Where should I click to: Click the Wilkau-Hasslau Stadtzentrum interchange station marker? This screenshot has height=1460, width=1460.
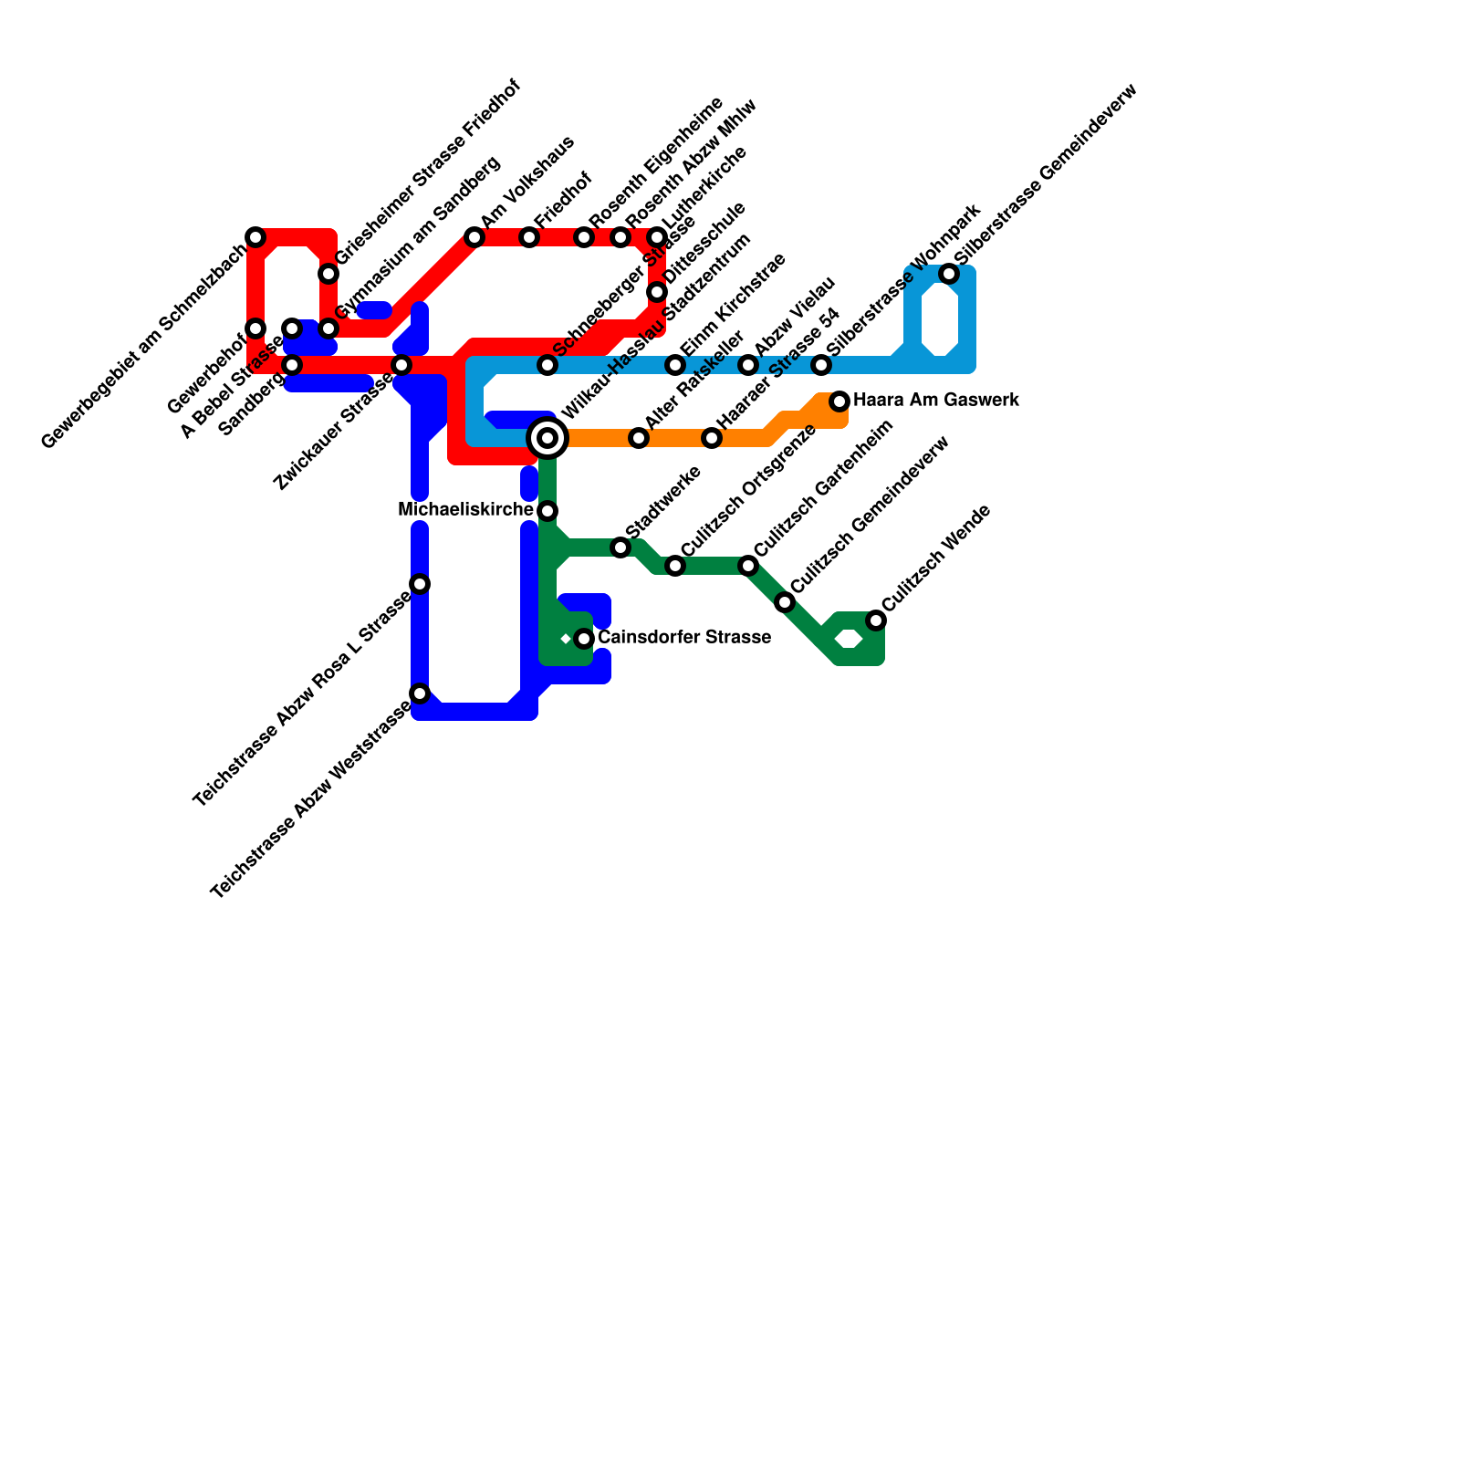[547, 438]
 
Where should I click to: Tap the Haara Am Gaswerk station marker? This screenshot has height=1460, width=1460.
[839, 401]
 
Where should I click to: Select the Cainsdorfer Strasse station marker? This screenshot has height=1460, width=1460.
[584, 639]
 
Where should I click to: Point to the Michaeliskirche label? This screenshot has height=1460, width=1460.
[465, 510]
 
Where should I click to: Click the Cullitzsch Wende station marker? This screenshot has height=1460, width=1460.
[876, 620]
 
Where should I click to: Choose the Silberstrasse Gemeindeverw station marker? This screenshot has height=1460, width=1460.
[949, 274]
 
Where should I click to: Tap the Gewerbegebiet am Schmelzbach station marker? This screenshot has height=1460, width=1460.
[255, 237]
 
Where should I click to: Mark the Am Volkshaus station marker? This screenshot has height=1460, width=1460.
[474, 237]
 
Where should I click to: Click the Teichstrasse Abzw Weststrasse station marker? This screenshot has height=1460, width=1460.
[420, 693]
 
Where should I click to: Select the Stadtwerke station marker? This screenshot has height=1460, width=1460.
[620, 547]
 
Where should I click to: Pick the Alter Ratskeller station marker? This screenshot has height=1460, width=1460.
[639, 438]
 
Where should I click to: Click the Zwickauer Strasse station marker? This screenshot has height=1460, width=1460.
[401, 365]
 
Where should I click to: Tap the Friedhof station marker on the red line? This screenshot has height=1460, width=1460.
[529, 237]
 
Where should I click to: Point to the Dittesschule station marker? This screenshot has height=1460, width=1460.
[657, 292]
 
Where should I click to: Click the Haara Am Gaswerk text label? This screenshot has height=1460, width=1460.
[935, 401]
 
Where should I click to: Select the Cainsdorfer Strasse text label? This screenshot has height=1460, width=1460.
[683, 638]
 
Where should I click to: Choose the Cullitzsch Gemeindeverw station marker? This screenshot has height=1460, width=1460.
[785, 602]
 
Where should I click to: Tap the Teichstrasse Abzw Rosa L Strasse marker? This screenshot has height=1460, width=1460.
[420, 584]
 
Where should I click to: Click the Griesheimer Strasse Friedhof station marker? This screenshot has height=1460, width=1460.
[328, 274]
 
